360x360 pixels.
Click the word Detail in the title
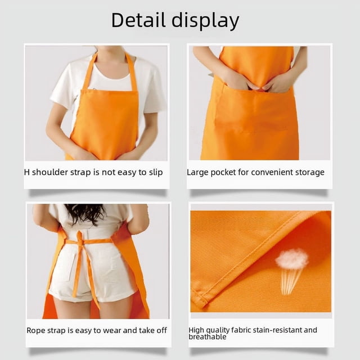138,20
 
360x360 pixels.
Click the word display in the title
205,21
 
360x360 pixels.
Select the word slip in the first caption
156,173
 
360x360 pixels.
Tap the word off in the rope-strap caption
161,330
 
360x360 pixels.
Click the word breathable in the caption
208,337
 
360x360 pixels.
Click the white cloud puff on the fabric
292,259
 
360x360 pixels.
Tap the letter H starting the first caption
27,172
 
